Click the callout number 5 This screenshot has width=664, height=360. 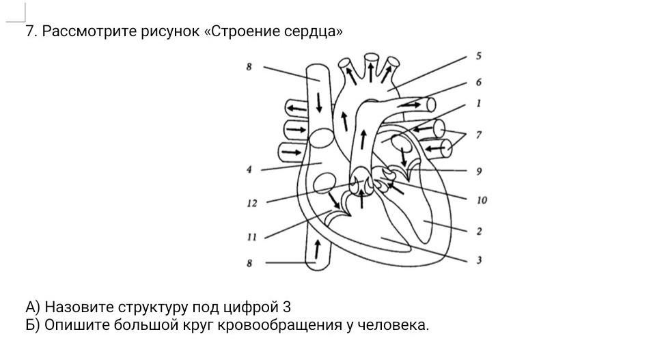click(x=478, y=56)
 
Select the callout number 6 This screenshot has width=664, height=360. click(x=478, y=82)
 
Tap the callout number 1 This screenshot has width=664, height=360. click(x=478, y=103)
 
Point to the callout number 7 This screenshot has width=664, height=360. click(x=478, y=135)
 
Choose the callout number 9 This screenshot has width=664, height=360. click(x=479, y=171)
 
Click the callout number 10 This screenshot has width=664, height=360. click(x=482, y=200)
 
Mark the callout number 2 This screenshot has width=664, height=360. click(x=479, y=232)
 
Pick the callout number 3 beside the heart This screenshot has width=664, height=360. click(x=479, y=260)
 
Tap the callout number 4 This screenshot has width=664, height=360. click(x=249, y=170)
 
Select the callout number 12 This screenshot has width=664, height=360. click(x=252, y=204)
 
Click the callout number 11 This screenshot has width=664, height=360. click(x=252, y=237)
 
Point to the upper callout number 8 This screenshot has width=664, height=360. click(x=249, y=67)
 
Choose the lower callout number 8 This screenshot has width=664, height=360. click(x=249, y=264)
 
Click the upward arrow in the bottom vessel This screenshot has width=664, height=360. click(x=317, y=249)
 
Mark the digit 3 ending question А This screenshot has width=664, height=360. click(x=286, y=307)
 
